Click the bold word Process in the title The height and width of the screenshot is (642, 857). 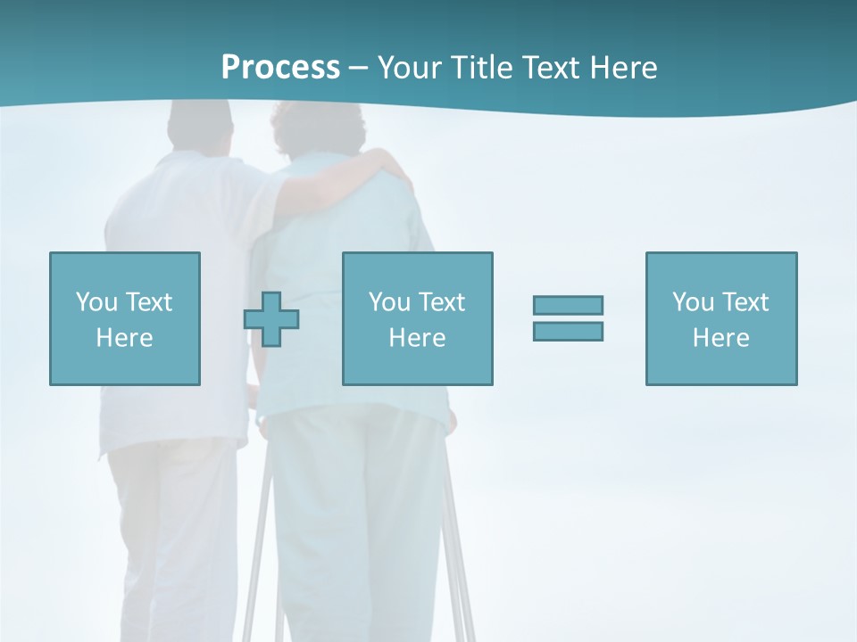click(x=280, y=68)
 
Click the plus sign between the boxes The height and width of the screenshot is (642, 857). click(x=271, y=319)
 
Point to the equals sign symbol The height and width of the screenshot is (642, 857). click(x=568, y=318)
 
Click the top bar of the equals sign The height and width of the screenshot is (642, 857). click(x=568, y=305)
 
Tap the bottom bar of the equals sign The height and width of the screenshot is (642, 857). click(x=568, y=331)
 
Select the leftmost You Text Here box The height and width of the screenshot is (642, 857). click(x=125, y=318)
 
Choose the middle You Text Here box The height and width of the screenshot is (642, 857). click(x=417, y=318)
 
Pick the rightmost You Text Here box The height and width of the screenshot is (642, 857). click(x=720, y=318)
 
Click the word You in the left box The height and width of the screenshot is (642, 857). click(x=96, y=302)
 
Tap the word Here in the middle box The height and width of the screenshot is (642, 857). click(x=417, y=338)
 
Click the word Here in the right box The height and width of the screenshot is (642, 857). click(x=720, y=338)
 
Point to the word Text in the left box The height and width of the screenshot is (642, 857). click(x=148, y=302)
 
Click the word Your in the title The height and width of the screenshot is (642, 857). click(x=410, y=68)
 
